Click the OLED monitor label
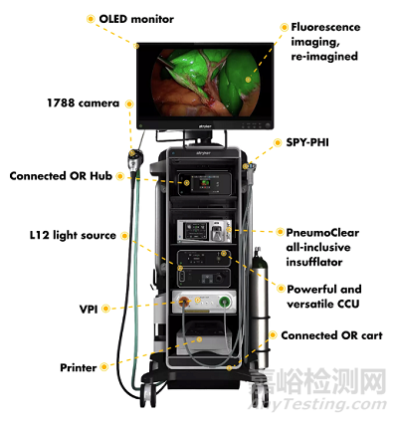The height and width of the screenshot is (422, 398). point(136,19)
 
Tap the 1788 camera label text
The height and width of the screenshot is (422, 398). point(83,104)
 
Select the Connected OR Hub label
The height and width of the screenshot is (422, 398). point(61,176)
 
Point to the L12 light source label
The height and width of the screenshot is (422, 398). point(73,235)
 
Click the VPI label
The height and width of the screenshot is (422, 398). point(89,310)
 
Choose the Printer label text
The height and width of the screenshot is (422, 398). point(79,367)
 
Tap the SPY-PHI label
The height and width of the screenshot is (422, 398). point(307,142)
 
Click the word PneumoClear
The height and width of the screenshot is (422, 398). point(322,233)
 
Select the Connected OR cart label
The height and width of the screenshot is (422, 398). point(331,335)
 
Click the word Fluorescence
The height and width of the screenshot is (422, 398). point(325,27)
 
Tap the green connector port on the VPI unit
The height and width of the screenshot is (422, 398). point(225,302)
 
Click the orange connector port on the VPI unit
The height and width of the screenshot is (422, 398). point(184,302)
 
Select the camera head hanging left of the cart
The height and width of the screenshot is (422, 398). point(135,161)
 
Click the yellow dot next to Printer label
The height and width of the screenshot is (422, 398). point(104,367)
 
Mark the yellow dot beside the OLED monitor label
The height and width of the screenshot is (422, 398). point(91,19)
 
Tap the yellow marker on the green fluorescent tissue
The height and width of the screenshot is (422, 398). point(248,79)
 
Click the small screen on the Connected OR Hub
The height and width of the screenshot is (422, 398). point(202,184)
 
